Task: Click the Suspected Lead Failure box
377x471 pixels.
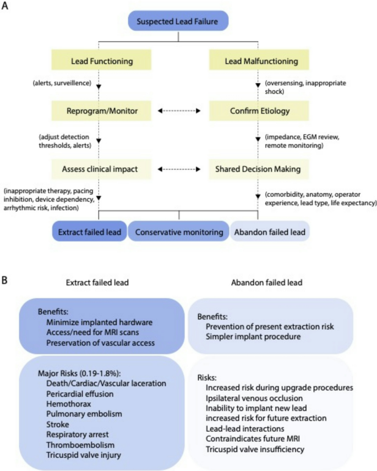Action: tap(177, 22)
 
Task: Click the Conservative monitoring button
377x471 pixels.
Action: tap(179, 232)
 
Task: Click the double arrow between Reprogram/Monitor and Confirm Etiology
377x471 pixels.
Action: tap(178, 111)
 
